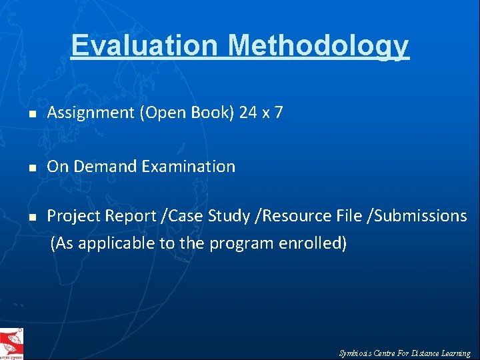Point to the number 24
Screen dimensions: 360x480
(x=248, y=113)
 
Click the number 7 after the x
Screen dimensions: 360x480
(x=279, y=113)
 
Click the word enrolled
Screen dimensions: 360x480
(x=317, y=243)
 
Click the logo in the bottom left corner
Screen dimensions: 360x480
(x=11, y=343)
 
